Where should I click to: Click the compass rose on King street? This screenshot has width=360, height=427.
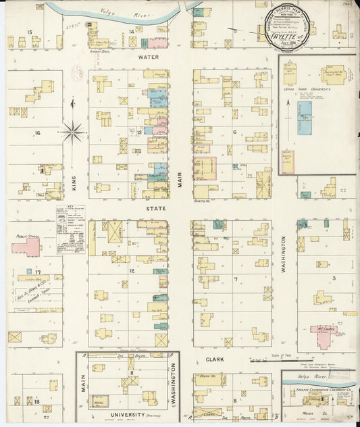click(x=74, y=130)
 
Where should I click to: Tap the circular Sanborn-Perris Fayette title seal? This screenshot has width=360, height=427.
click(x=283, y=28)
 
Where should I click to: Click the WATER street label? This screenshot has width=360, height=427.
click(x=149, y=57)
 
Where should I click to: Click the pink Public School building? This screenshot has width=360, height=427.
click(x=25, y=247)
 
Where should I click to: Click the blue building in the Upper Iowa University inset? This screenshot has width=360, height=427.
click(x=305, y=118)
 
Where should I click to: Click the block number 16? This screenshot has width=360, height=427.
click(x=38, y=133)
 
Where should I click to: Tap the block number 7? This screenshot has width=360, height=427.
click(x=236, y=278)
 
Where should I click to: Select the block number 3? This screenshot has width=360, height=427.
click(x=334, y=278)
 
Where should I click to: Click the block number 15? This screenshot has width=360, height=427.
click(x=29, y=32)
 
